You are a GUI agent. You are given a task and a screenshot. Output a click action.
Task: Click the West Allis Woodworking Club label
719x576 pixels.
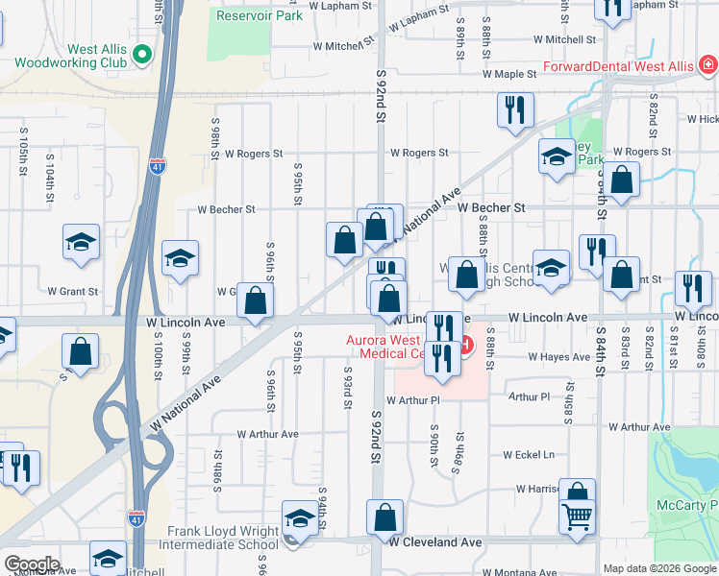tap(69, 55)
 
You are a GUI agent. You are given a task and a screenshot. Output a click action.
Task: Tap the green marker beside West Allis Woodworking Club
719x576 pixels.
tap(143, 54)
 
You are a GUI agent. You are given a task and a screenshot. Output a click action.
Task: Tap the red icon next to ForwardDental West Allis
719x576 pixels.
tap(707, 65)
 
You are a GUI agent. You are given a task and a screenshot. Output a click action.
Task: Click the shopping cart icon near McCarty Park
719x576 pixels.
tap(577, 517)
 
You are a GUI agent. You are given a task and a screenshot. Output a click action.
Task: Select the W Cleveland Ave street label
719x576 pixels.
tap(434, 542)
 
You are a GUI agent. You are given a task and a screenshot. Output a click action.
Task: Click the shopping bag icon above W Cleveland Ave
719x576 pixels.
tap(385, 517)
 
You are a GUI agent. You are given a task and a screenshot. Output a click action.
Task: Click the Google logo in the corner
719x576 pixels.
tap(31, 564)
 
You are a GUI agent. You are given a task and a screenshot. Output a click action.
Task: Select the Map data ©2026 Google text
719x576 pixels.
tap(658, 568)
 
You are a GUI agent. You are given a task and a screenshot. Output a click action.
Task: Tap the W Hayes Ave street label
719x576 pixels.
tap(559, 356)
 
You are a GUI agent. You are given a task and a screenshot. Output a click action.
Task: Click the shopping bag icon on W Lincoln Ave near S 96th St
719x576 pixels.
tap(255, 301)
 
